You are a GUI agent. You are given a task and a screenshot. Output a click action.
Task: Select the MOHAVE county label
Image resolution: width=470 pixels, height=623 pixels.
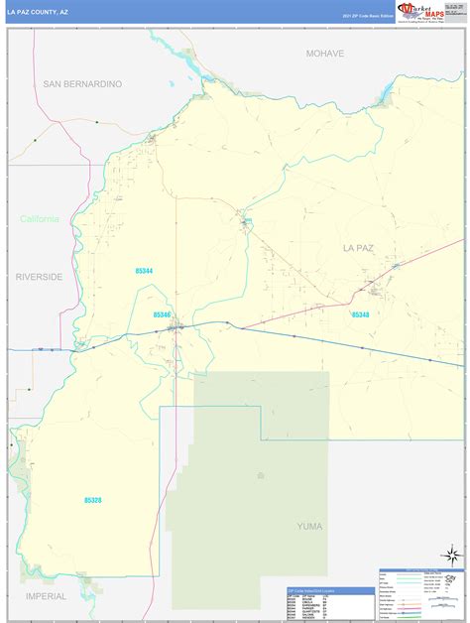[324, 54]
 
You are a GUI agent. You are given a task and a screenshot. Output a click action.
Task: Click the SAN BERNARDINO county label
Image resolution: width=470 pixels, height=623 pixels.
[82, 84]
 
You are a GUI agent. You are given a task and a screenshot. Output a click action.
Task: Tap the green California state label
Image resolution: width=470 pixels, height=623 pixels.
[40, 219]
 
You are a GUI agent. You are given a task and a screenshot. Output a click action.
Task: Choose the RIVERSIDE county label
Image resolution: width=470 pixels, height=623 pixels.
[39, 277]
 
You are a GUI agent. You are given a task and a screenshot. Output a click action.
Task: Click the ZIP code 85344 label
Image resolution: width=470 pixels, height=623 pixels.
[146, 270]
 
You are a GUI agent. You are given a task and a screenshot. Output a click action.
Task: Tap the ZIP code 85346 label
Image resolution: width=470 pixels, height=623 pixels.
[163, 314]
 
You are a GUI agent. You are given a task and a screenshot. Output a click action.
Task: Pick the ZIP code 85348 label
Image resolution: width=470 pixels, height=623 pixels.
[359, 314]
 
